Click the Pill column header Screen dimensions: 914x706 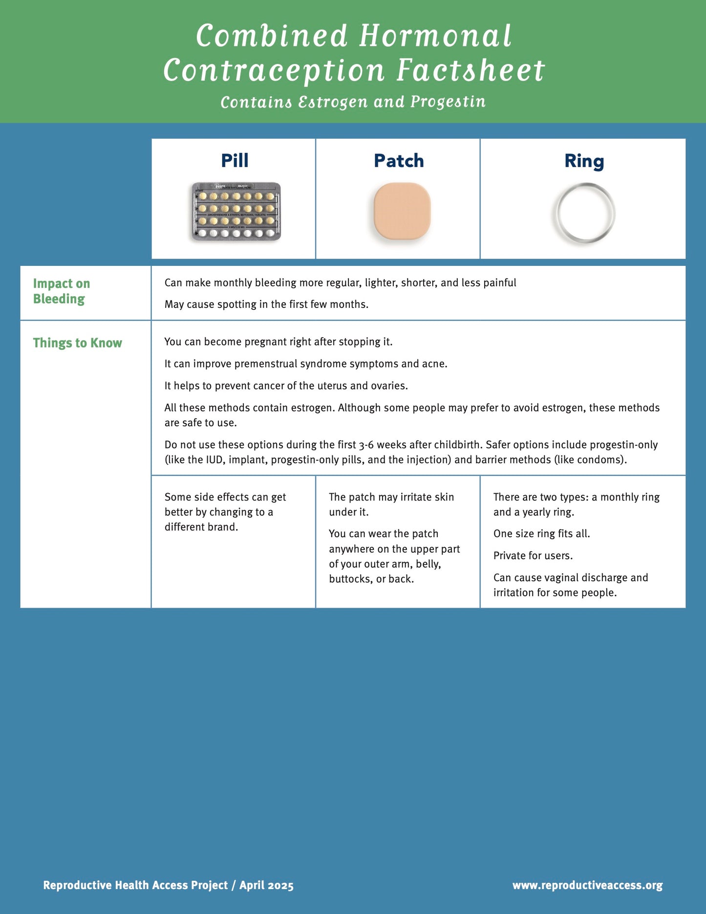tap(235, 161)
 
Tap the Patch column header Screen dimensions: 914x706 tap(399, 161)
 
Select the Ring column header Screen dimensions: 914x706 tap(584, 161)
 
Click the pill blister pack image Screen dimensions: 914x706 tap(236, 212)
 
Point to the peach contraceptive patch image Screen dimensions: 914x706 tap(402, 211)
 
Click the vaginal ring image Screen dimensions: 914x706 tap(584, 214)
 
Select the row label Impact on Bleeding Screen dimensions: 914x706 tap(61, 291)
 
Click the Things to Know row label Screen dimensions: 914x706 tap(77, 343)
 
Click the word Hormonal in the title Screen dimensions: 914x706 tap(435, 36)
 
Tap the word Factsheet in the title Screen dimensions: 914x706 tap(471, 70)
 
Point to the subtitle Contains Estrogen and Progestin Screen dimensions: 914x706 tap(353, 102)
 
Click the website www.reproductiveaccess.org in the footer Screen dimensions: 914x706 tap(587, 885)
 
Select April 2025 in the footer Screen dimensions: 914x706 tap(266, 885)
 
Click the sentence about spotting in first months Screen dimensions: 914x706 tap(266, 305)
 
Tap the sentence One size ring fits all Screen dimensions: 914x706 tap(541, 534)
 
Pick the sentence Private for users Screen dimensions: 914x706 tap(533, 556)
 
